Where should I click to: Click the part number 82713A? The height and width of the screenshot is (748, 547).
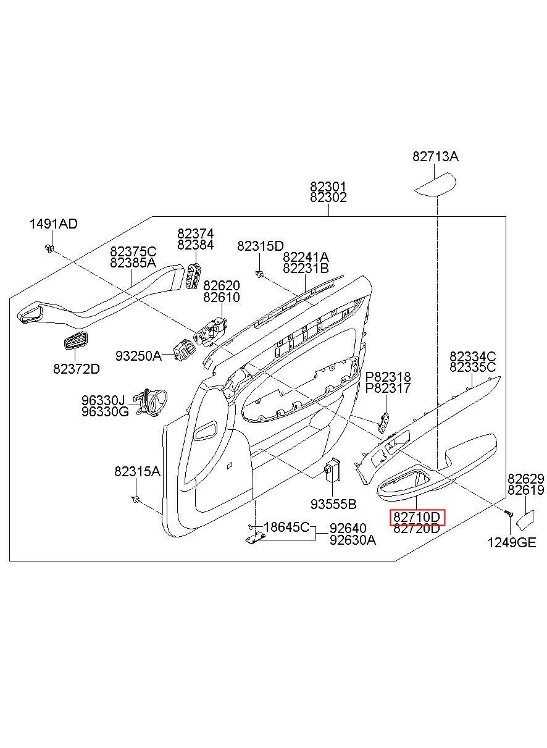point(435,157)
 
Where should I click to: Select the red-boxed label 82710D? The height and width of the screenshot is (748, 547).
point(417,517)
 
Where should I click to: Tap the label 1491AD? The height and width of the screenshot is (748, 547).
point(53,224)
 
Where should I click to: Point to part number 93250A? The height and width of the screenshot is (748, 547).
point(138,356)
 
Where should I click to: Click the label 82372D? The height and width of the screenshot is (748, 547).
point(77,369)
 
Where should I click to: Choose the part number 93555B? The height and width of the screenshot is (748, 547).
point(333,504)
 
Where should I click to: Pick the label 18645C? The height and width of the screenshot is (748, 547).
point(286,527)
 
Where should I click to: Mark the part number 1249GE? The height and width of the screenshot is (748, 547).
point(512,543)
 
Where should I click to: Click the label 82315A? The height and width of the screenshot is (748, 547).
point(137,471)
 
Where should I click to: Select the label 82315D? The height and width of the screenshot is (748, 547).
point(261,246)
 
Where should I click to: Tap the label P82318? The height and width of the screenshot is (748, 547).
point(388,377)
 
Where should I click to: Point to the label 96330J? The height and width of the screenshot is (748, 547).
point(103,400)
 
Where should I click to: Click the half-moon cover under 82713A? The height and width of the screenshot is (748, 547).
point(435,184)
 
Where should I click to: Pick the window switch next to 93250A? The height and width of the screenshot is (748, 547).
point(184,350)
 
